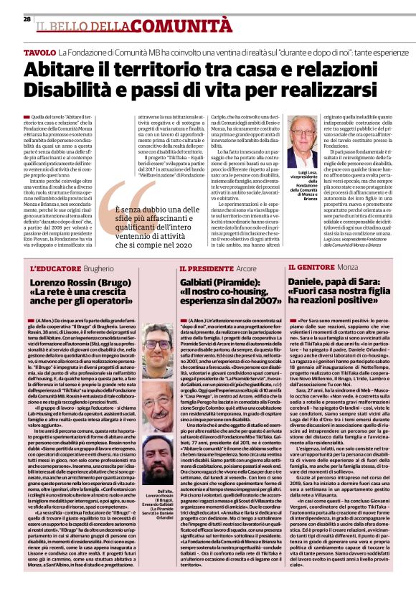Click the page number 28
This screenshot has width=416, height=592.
(x=27, y=19)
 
